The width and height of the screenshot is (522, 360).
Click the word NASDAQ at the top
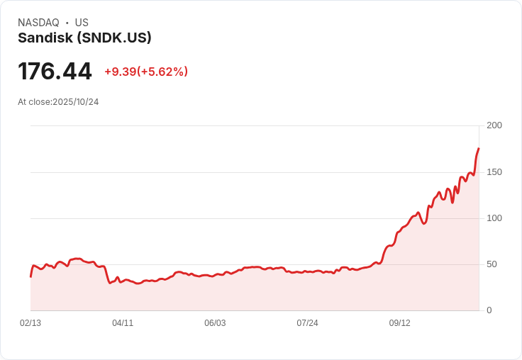tap(38, 23)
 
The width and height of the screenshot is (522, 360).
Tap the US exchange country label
tap(82, 23)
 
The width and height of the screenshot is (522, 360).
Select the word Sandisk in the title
tap(45, 38)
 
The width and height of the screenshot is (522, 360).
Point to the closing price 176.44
tap(55, 72)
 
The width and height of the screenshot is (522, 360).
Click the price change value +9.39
tap(120, 72)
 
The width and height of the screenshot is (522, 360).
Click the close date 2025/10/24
tap(76, 102)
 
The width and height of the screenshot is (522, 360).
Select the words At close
tap(34, 102)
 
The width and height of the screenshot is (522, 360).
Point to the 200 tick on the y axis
tap(494, 125)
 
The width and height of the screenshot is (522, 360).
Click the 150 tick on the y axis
tap(494, 172)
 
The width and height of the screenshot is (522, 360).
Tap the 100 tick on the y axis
tap(494, 218)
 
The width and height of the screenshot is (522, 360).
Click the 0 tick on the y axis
tap(489, 310)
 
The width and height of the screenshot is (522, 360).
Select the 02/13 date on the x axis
tap(30, 323)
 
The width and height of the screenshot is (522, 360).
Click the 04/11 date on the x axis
tap(123, 323)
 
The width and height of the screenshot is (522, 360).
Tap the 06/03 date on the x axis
tap(215, 323)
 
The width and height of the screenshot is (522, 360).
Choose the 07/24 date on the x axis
tap(307, 323)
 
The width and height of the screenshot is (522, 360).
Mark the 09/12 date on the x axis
tap(399, 323)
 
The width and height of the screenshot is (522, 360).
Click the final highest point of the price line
tap(479, 149)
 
